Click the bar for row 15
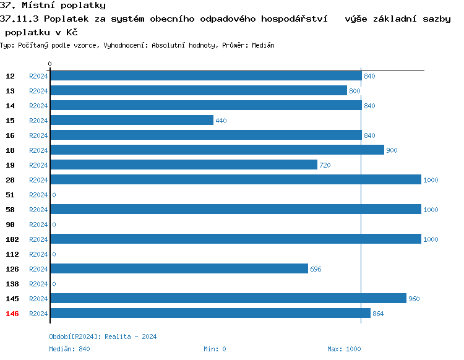tap(131, 121)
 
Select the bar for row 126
tap(179, 269)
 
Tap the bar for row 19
tap(183, 165)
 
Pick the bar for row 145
tap(228, 299)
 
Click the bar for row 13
tap(198, 91)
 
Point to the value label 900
tap(392, 150)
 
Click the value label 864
tap(378, 314)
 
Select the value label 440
tap(221, 121)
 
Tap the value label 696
tap(316, 269)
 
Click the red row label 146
tap(12, 314)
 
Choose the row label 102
tap(12, 239)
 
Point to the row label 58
tap(11, 210)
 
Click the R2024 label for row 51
tap(38, 195)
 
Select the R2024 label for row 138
tap(38, 284)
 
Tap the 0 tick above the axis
tap(50, 64)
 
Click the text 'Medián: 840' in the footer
tap(69, 349)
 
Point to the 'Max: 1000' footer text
tap(344, 349)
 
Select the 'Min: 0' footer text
tap(215, 349)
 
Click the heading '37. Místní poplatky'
tap(53, 6)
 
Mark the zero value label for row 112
tap(54, 254)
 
